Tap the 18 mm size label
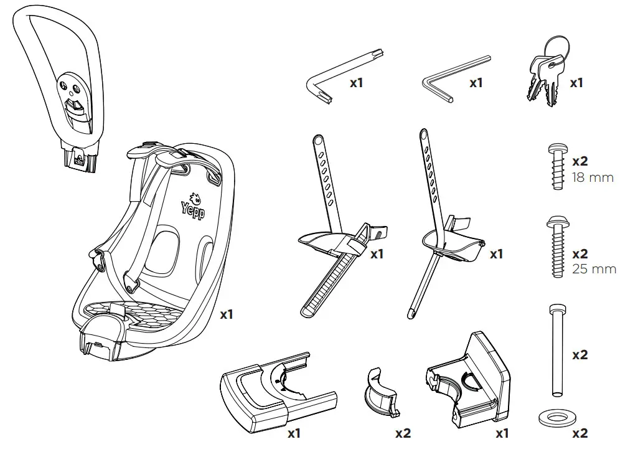tap(593, 177)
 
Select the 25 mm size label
tap(594, 269)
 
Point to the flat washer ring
tap(553, 417)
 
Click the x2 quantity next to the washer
tap(579, 433)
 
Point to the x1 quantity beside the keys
tap(577, 82)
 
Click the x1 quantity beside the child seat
tap(227, 314)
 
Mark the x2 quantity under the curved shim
tap(403, 433)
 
